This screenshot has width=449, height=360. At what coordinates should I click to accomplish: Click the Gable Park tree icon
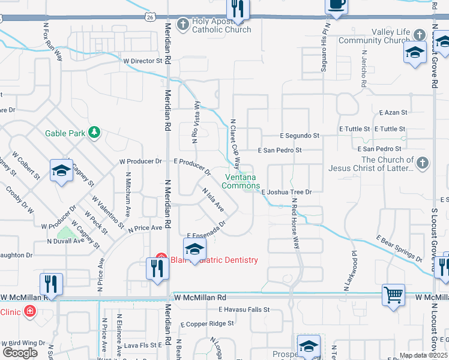click(94, 133)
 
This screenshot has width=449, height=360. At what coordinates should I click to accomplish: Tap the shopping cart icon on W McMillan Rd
click(393, 295)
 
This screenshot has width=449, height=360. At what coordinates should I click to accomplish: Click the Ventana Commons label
click(241, 181)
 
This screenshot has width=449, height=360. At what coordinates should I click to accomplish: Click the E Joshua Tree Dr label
click(287, 192)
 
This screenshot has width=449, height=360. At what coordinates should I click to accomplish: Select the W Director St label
click(143, 61)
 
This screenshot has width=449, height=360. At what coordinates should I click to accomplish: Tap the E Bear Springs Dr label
click(399, 248)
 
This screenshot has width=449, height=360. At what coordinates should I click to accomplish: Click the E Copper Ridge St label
click(207, 323)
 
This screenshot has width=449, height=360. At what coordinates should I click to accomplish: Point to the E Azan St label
click(393, 113)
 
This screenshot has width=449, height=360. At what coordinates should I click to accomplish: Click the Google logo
click(20, 353)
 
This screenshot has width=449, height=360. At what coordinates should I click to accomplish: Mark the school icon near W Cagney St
click(61, 172)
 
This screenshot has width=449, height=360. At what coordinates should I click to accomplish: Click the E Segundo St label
click(300, 136)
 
